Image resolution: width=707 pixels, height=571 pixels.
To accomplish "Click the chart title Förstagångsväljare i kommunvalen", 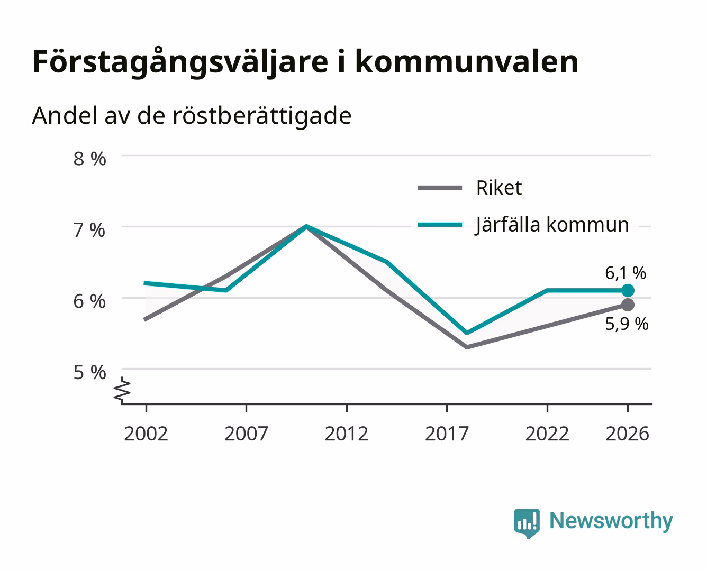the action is pos(305,62).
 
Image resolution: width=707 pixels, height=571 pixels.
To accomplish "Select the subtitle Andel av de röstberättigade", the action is pos(192,116).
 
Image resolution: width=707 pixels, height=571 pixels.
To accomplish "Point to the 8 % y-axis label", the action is pos(89,159).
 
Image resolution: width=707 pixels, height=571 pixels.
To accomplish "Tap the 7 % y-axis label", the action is pos(89,231).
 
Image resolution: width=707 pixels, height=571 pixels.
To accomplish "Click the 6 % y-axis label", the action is pos(89,302).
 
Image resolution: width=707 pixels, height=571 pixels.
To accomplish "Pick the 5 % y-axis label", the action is pos(89,373).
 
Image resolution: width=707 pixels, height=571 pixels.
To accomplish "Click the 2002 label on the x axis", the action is pos(146,434).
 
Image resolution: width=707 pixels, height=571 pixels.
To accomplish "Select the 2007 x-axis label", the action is pos(246,434).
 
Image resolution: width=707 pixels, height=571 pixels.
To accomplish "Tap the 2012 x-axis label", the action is pos(347,434).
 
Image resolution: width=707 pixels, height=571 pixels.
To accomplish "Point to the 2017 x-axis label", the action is pos(447,434).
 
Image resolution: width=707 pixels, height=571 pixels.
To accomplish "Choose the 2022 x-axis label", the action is pos(547,434).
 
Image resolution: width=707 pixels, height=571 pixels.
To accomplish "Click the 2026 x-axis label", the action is pos(627,434).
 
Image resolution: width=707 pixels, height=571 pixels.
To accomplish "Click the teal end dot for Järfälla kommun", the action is pos(628,290).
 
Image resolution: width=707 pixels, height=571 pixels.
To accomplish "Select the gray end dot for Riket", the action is pos(628,305).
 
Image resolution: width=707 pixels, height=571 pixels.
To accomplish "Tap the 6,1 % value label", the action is pos(626,273).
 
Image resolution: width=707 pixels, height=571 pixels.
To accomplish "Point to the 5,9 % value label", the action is pos(627,324).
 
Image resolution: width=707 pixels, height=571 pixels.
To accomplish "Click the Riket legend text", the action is pos(499,188).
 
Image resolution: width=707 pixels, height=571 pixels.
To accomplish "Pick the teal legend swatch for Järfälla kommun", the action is pos(440,225).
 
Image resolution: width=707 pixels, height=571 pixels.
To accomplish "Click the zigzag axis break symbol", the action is pos(122,390).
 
